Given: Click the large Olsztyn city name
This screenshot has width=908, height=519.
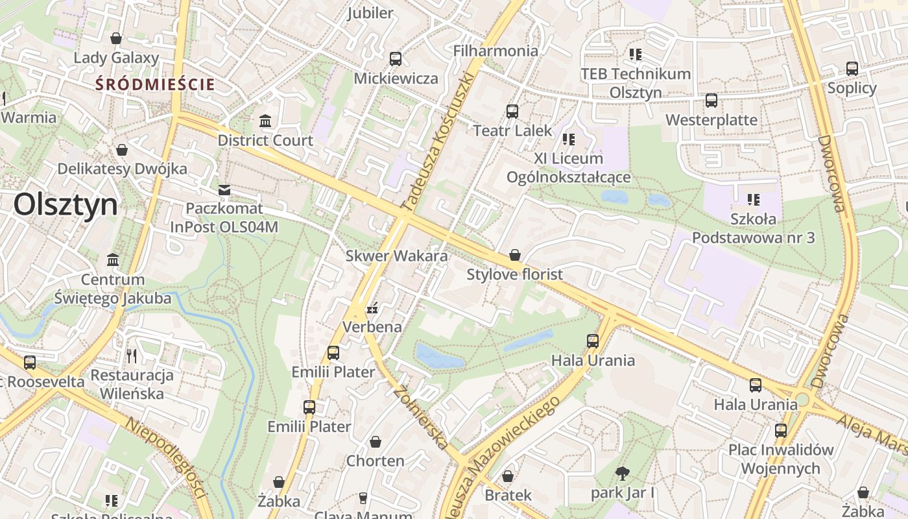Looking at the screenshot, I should pyautogui.click(x=66, y=205).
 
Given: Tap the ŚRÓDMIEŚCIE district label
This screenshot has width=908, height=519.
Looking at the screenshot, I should pyautogui.click(x=155, y=84).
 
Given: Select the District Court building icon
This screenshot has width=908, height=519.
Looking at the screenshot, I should pyautogui.click(x=265, y=121).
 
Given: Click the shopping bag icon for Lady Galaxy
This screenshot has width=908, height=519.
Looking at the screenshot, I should pyautogui.click(x=116, y=39).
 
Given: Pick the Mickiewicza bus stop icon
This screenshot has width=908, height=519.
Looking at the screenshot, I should pyautogui.click(x=396, y=59).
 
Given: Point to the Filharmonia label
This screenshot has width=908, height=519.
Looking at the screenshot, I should pyautogui.click(x=496, y=51).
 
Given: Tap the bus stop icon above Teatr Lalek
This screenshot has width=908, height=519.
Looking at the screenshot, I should pyautogui.click(x=512, y=111).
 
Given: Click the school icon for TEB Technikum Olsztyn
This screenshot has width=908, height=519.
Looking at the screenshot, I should pyautogui.click(x=635, y=54).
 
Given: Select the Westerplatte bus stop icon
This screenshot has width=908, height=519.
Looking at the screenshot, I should pyautogui.click(x=711, y=101).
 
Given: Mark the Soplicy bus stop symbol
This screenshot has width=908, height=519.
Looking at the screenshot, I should pyautogui.click(x=852, y=68).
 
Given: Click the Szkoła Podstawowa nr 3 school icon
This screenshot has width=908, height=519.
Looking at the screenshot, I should pyautogui.click(x=753, y=200).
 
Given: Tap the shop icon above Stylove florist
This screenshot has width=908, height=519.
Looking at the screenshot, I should pyautogui.click(x=515, y=255).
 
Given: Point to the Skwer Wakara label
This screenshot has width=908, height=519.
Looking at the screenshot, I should pyautogui.click(x=396, y=256).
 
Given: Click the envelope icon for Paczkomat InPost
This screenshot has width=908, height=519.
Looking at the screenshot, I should pyautogui.click(x=224, y=189).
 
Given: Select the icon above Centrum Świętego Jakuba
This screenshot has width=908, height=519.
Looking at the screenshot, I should pyautogui.click(x=113, y=260).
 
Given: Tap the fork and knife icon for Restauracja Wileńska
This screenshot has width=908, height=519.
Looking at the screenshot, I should pyautogui.click(x=132, y=356).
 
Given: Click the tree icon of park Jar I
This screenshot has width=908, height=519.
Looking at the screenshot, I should pyautogui.click(x=623, y=473).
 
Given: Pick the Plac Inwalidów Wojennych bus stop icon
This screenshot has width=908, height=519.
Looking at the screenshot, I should pyautogui.click(x=781, y=430).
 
